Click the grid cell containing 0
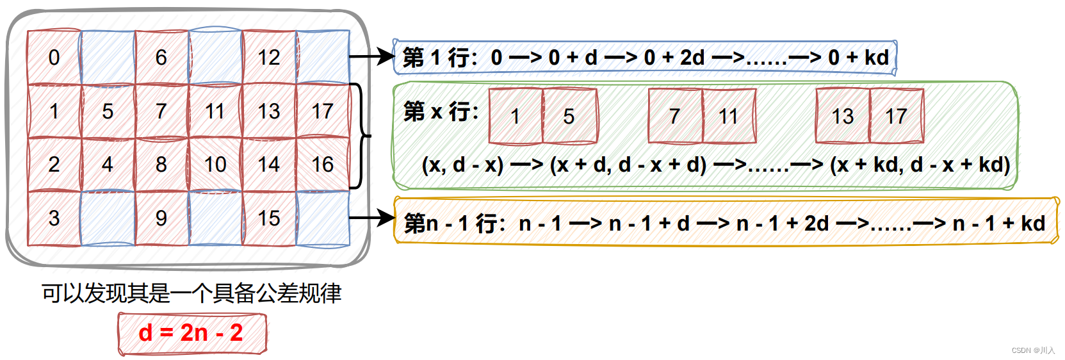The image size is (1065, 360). [54, 58]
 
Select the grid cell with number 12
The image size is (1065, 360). [269, 58]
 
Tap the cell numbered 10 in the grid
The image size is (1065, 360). [215, 165]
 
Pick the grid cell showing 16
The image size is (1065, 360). [323, 165]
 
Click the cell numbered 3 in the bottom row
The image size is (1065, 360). [54, 218]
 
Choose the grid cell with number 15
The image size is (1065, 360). [269, 218]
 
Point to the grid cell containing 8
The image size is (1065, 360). [161, 165]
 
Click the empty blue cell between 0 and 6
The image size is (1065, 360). [108, 58]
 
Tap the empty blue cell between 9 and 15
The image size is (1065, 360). [215, 218]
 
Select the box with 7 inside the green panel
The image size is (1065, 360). [675, 116]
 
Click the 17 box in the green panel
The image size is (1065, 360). [897, 116]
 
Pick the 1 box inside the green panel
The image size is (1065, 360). [516, 116]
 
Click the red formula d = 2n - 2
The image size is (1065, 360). [191, 333]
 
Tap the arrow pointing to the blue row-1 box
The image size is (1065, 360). [371, 56]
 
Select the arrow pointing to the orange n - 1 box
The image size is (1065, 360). [371, 218]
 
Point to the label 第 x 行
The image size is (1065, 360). [441, 111]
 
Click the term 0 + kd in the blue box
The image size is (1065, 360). [858, 58]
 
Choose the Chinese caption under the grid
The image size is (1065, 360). [191, 293]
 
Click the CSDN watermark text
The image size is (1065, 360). [1032, 350]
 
